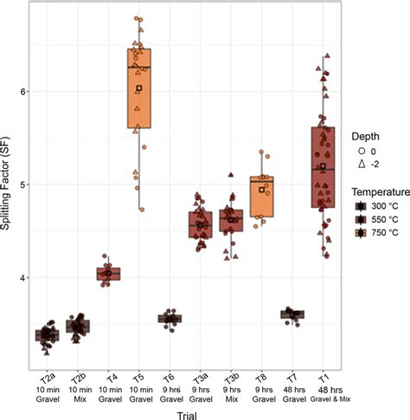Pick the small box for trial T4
(x=108, y=274)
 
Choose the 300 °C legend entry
(x=377, y=208)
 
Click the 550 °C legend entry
(x=377, y=221)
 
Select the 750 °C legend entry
(x=377, y=234)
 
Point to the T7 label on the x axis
(x=293, y=378)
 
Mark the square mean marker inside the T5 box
(x=138, y=88)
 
